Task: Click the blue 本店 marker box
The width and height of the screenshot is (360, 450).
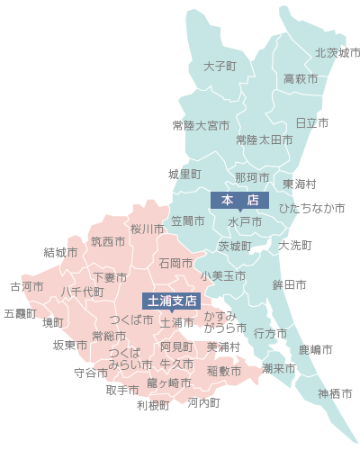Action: (x=239, y=199)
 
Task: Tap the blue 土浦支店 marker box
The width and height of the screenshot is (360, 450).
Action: (x=170, y=301)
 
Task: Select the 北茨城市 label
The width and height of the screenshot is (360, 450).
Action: (x=337, y=53)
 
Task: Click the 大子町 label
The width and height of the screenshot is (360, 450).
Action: (x=220, y=67)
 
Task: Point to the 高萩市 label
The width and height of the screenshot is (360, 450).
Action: (x=301, y=79)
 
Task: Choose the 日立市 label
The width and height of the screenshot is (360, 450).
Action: (x=311, y=122)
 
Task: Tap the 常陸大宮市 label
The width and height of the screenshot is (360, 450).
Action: (x=201, y=124)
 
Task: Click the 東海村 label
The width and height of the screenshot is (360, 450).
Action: (x=300, y=184)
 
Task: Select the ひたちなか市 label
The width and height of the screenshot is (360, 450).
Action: (x=311, y=208)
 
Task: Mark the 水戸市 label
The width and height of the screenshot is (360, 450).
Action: (x=244, y=221)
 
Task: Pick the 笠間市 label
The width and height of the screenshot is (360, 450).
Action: (x=187, y=220)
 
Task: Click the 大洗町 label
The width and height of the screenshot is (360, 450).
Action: (x=295, y=245)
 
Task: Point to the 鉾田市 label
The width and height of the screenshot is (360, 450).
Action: (x=289, y=284)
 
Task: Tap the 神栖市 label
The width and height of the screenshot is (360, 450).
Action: (x=335, y=394)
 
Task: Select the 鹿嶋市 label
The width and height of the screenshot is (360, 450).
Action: (x=316, y=348)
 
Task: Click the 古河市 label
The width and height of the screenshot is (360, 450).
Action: (x=27, y=287)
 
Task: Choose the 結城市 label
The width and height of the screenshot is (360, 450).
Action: (x=60, y=253)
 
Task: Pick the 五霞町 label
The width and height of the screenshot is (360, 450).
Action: (x=21, y=314)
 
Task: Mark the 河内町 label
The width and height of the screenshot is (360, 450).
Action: (x=203, y=402)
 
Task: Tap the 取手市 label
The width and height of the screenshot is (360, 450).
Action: (x=122, y=391)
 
